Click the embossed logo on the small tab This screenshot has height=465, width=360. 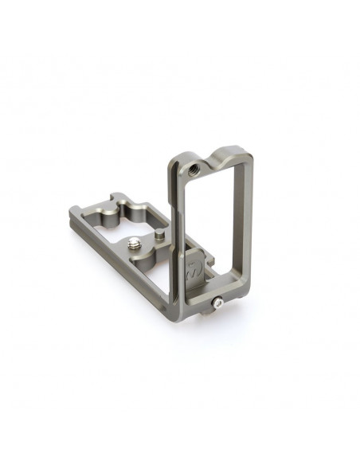pos(191,268)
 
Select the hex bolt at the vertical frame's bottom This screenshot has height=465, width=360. pos(218,303)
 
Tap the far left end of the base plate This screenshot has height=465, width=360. pos(73,214)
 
